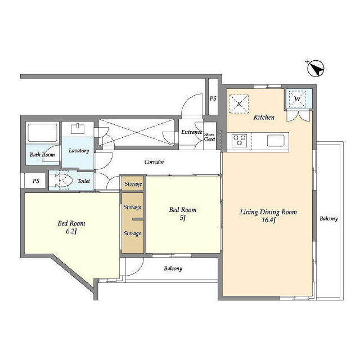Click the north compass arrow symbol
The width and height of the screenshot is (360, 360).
316,68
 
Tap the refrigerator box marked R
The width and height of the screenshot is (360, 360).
238,103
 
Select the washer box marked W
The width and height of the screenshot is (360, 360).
298,99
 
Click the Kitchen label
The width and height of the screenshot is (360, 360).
264,118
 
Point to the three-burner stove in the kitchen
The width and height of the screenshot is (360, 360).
239,141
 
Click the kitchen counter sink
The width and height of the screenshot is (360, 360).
276,141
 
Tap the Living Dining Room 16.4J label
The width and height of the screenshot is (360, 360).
268,216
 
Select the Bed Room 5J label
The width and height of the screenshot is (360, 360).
183,214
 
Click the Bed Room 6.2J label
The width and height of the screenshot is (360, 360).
71,227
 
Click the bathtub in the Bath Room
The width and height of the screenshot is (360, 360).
43,133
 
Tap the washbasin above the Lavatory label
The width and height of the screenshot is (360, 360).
78,129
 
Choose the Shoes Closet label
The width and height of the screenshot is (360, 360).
210,137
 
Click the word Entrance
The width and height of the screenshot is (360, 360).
191,132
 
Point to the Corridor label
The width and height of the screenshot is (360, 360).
154,162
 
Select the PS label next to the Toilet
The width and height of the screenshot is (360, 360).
36,181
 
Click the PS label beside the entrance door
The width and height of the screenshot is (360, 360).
213,98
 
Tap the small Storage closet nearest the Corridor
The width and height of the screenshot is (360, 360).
133,183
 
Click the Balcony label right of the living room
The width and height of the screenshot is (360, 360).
328,219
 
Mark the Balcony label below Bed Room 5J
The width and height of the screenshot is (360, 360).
173,269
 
